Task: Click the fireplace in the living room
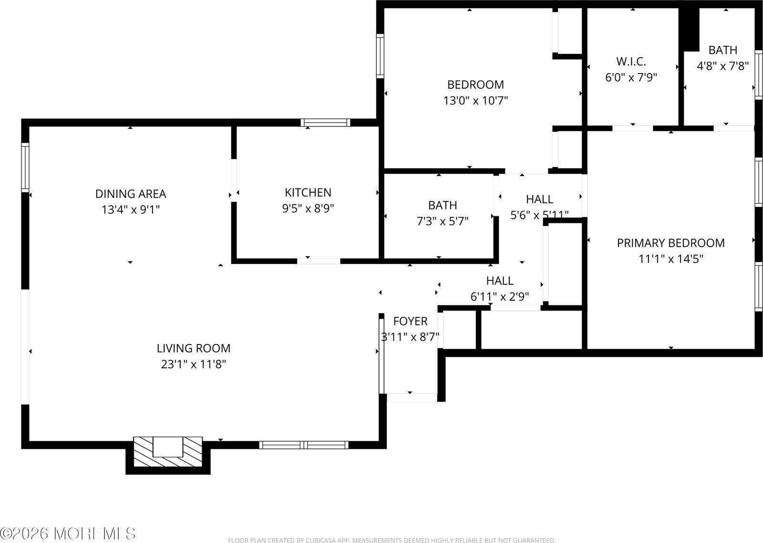168,451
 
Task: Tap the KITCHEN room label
308,192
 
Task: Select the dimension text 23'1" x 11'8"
193,365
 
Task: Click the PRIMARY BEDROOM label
670,243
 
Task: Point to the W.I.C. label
631,62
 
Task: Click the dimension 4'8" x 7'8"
722,66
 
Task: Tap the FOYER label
410,321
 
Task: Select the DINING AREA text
131,194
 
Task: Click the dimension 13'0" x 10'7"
475,101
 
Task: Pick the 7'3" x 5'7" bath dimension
442,221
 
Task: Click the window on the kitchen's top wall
326,123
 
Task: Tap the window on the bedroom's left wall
380,56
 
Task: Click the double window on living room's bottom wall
304,445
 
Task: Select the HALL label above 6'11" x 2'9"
499,281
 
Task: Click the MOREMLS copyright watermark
68,533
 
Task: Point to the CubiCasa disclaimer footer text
391,540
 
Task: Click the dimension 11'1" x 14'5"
670,259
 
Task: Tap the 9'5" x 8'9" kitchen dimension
308,209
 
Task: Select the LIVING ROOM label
193,348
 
